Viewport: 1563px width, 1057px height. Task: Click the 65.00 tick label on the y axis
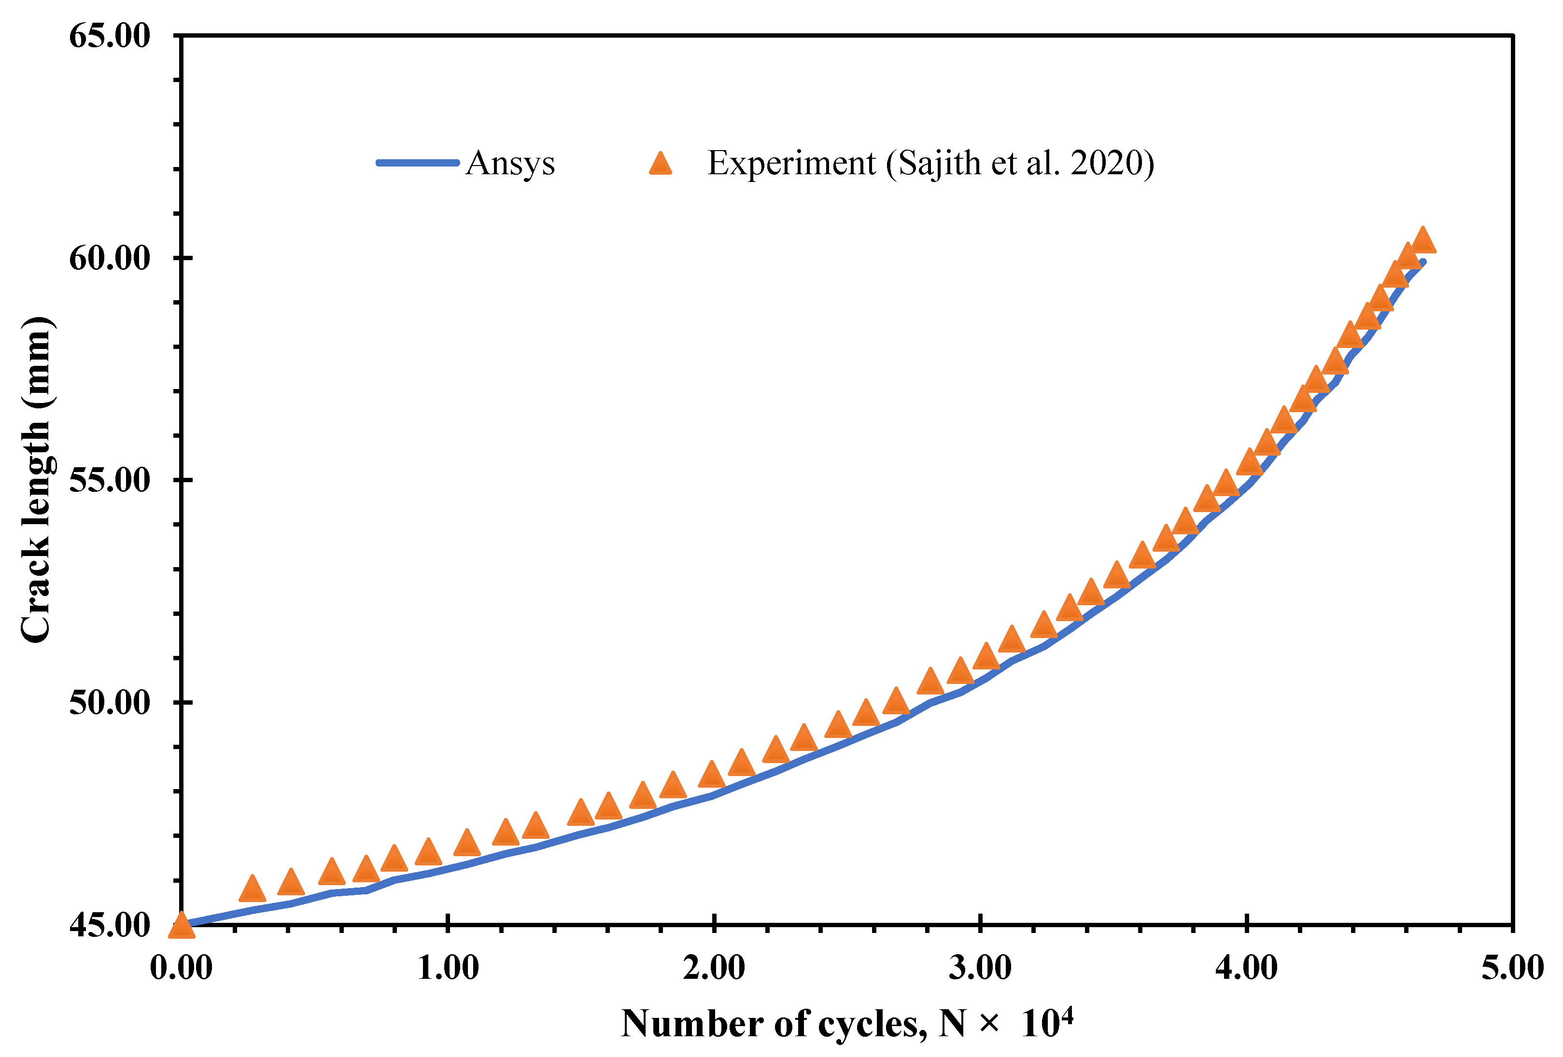pyautogui.click(x=110, y=36)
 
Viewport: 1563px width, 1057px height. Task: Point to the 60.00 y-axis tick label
pyautogui.click(x=110, y=258)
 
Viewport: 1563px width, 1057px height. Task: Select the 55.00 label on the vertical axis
pyautogui.click(x=110, y=481)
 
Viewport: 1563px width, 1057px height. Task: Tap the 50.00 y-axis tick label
pyautogui.click(x=110, y=703)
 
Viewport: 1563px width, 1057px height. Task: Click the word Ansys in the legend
pyautogui.click(x=510, y=164)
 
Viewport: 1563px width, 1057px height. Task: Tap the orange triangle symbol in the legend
pyautogui.click(x=661, y=164)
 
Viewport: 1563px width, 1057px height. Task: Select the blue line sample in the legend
pyautogui.click(x=417, y=163)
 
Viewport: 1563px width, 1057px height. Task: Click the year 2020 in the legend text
pyautogui.click(x=1106, y=164)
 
